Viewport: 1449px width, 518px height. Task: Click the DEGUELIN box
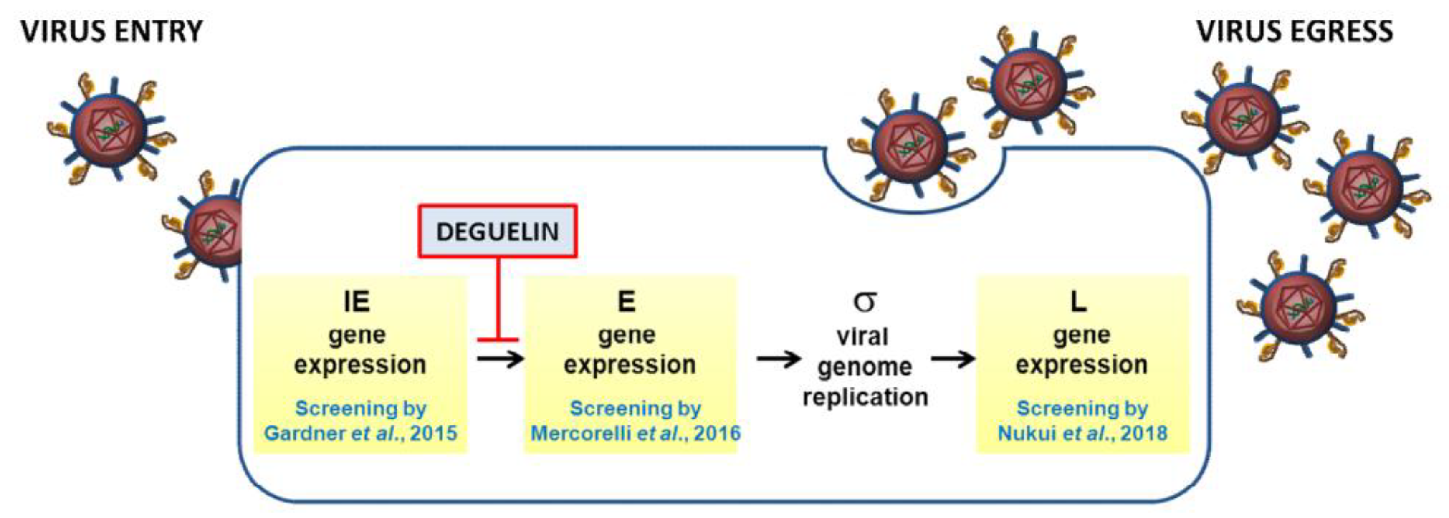pyautogui.click(x=497, y=232)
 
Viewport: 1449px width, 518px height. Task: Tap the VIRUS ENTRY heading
pyautogui.click(x=111, y=31)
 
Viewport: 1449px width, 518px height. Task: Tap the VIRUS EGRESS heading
pyautogui.click(x=1294, y=31)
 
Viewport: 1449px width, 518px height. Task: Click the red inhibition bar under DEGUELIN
pyautogui.click(x=498, y=340)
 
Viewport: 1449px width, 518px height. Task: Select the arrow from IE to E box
pyautogui.click(x=500, y=358)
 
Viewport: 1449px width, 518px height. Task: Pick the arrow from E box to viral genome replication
pyautogui.click(x=779, y=358)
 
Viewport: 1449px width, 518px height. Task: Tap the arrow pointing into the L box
pyautogui.click(x=952, y=358)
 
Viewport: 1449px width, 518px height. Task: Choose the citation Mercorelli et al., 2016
pyautogui.click(x=635, y=433)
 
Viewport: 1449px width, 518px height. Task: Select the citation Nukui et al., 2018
pyautogui.click(x=1082, y=433)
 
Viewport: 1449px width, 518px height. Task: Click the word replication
pyautogui.click(x=865, y=397)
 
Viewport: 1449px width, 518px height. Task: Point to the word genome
pyautogui.click(x=865, y=367)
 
